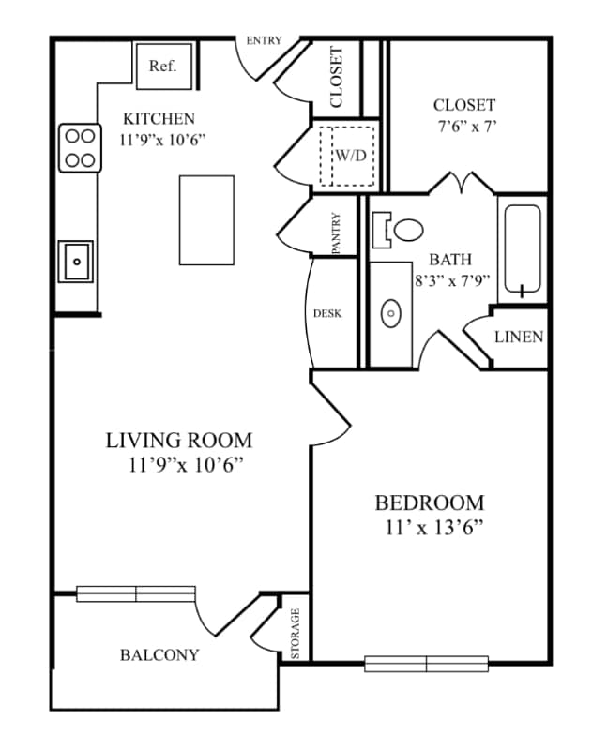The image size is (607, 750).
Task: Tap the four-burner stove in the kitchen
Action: (80, 148)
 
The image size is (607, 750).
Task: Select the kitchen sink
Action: (75, 261)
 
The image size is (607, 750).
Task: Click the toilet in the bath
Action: (404, 228)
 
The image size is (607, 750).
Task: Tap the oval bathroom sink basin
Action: (391, 312)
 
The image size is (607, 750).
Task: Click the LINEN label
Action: (519, 337)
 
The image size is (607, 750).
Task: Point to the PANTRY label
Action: (336, 232)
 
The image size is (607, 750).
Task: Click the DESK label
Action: (327, 313)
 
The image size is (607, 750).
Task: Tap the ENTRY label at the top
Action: (264, 41)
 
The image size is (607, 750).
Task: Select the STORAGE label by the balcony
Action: (295, 634)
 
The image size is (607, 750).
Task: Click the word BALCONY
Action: (159, 654)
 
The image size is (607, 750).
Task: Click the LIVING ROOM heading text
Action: (179, 440)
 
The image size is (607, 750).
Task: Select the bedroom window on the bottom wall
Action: (427, 664)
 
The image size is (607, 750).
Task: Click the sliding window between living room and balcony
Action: (136, 592)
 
